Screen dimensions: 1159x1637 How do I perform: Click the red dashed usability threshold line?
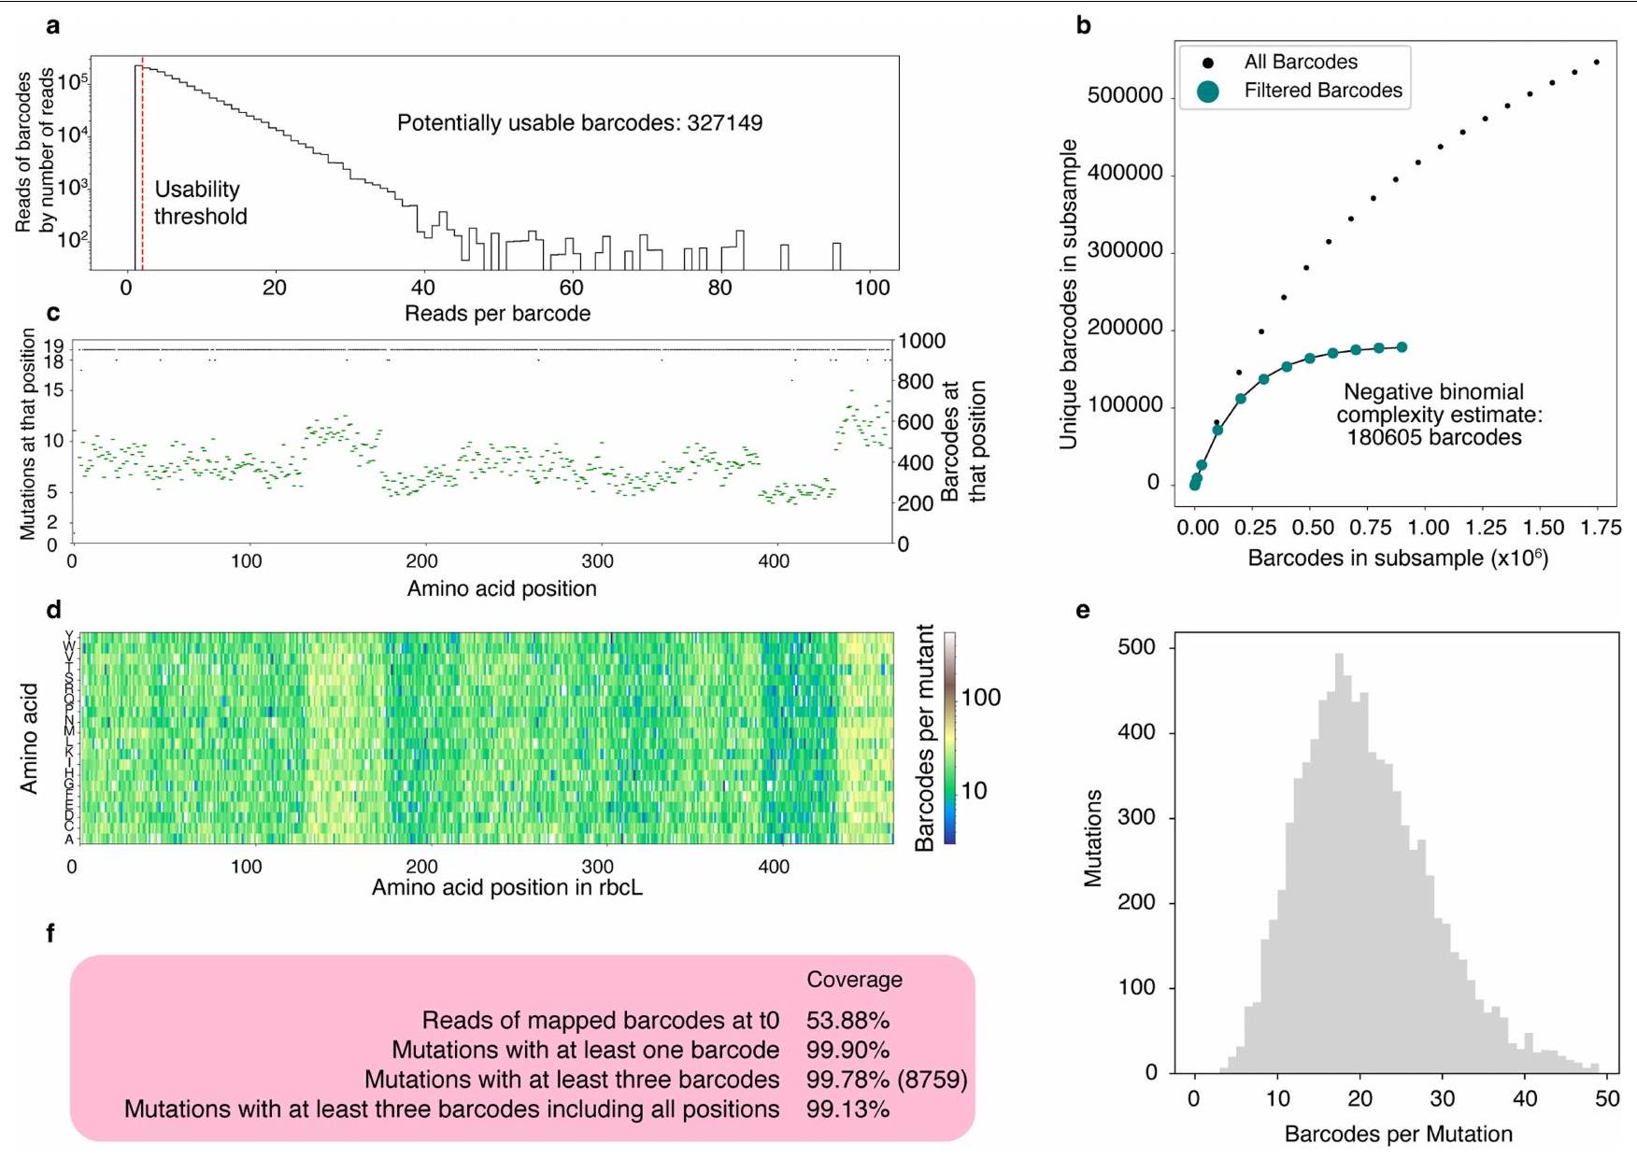(142, 168)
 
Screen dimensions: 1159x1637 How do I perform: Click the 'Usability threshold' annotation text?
(200, 203)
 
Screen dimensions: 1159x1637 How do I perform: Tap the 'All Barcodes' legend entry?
(1300, 63)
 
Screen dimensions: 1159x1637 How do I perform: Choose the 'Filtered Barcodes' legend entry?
(1322, 91)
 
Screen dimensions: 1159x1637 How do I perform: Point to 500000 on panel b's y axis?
(1125, 96)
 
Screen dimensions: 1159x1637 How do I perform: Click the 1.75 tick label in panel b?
(1601, 528)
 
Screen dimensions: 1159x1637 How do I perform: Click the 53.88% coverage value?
(847, 1021)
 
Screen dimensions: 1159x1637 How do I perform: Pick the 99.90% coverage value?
(847, 1051)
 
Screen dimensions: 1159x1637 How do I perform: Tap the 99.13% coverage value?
(847, 1110)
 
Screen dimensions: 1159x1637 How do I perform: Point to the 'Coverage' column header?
(854, 980)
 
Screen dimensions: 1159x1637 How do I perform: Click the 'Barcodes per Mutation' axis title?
(1398, 1135)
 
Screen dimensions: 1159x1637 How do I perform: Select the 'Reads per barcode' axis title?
(497, 314)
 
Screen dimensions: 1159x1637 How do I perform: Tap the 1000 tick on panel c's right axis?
(921, 342)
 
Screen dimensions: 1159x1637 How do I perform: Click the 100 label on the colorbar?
(981, 698)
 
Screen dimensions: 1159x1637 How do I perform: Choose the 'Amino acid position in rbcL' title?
(506, 887)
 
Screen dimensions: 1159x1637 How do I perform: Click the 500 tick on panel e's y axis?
(1136, 647)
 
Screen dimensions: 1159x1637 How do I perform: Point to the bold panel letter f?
(52, 933)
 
